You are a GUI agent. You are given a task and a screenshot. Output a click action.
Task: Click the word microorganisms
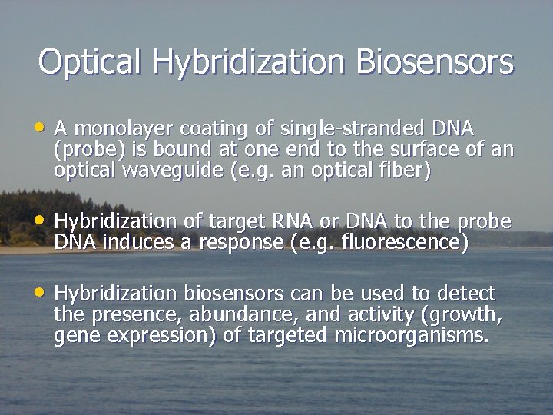[x=412, y=336]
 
